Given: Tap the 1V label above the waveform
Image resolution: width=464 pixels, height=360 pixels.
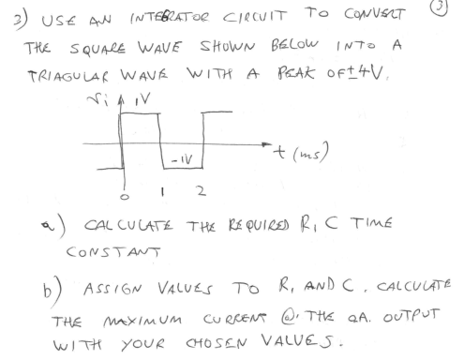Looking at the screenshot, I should (136, 105).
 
